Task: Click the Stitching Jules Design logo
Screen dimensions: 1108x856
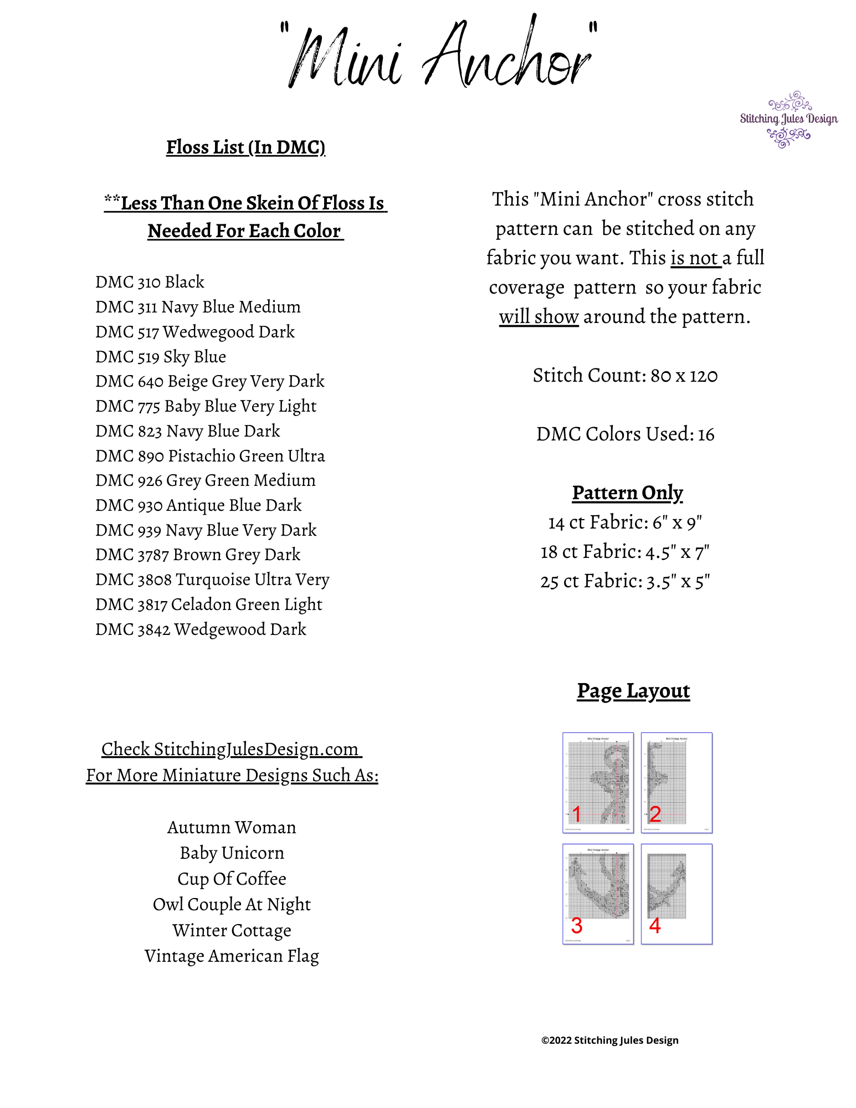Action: point(788,119)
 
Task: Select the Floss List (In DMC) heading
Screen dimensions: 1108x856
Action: point(245,147)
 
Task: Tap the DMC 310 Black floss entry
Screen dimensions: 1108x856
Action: point(150,282)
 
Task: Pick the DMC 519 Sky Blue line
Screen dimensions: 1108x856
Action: point(161,357)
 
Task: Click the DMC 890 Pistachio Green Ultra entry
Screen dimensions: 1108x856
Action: point(210,456)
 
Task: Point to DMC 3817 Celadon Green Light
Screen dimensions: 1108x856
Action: point(208,604)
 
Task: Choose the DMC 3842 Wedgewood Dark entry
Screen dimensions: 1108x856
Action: point(201,629)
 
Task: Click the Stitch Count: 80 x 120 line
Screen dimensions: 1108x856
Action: point(625,376)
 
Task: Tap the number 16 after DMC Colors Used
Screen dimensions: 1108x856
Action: point(706,435)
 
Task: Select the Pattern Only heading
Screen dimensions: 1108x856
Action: point(627,493)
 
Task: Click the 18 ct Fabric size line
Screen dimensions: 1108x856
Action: point(625,552)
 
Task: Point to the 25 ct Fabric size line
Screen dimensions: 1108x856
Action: point(625,582)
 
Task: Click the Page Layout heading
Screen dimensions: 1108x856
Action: point(633,691)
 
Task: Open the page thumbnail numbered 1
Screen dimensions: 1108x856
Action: point(598,782)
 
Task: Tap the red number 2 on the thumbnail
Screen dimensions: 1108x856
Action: point(655,814)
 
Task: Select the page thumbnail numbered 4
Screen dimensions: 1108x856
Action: point(676,894)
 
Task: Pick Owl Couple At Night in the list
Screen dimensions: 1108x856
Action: point(232,905)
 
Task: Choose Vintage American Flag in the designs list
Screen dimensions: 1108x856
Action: point(232,956)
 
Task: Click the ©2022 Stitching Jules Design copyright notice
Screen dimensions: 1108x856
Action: point(609,1040)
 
